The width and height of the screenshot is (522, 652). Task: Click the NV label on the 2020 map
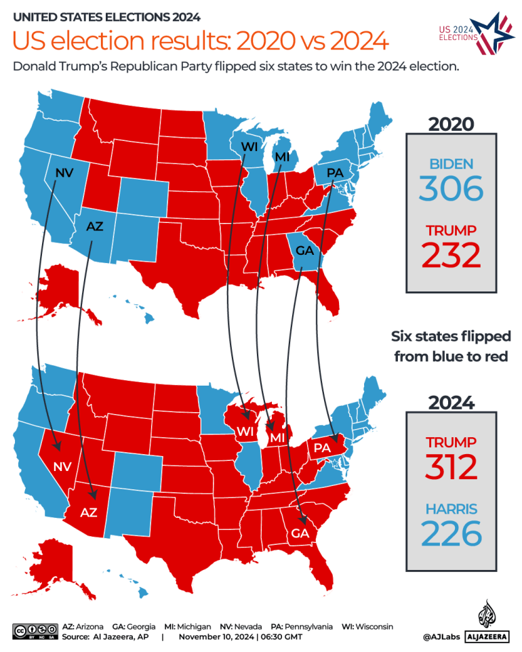click(64, 173)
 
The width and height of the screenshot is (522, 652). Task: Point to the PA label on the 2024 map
click(321, 448)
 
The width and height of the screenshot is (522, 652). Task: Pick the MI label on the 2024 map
click(277, 439)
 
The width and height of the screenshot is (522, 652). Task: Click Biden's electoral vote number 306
click(451, 188)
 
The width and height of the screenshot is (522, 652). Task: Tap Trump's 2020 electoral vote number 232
click(451, 256)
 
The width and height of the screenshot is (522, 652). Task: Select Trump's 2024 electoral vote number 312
click(451, 466)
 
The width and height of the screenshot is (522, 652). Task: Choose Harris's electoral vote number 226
click(451, 533)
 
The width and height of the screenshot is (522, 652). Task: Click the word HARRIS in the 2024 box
click(451, 508)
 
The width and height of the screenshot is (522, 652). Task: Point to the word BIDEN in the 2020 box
click(451, 163)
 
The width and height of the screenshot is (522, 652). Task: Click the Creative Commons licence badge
click(35, 631)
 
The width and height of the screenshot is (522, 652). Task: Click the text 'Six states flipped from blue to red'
click(451, 346)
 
